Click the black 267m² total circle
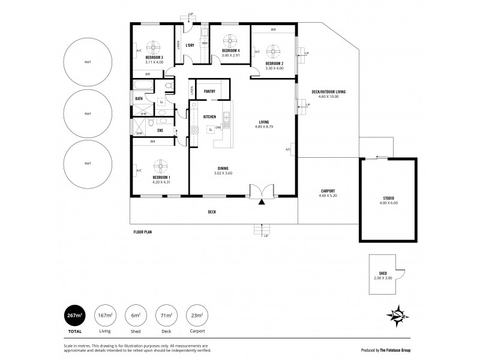click(x=74, y=315)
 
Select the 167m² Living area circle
click(x=105, y=315)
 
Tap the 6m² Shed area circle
click(x=136, y=315)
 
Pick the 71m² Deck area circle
click(x=166, y=315)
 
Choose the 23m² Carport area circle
click(x=197, y=315)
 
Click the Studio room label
click(x=389, y=198)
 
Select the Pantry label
click(x=209, y=91)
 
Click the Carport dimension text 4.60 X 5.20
click(x=328, y=196)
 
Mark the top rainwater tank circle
click(x=88, y=62)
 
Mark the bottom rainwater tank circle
click(x=88, y=164)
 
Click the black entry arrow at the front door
click(x=262, y=202)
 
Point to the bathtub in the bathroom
click(x=145, y=85)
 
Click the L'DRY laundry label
click(x=190, y=46)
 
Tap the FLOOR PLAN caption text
click(x=143, y=230)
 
